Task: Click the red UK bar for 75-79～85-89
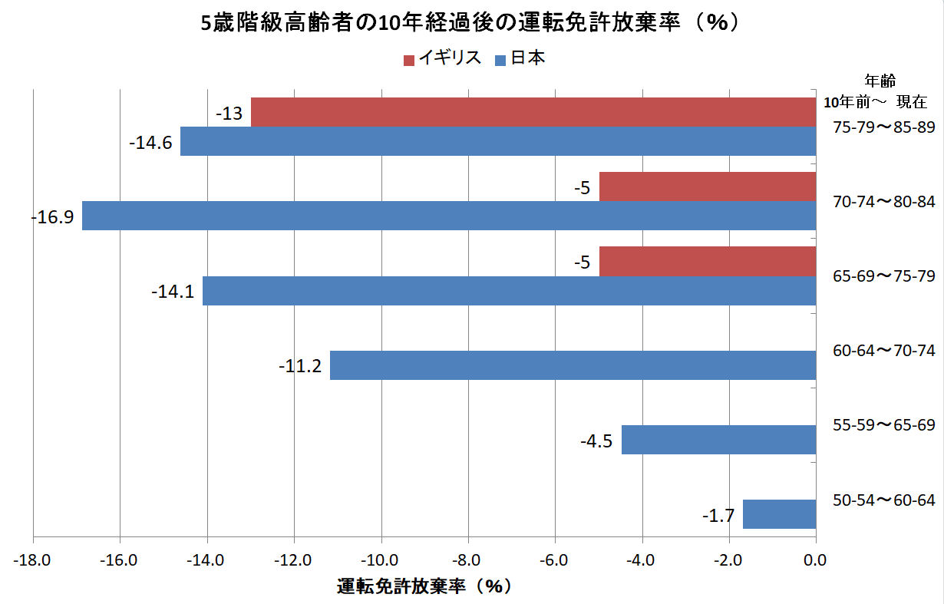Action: coord(533,112)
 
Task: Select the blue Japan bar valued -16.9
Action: coord(449,216)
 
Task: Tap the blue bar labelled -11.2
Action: coord(573,365)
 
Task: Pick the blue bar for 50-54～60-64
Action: coord(779,514)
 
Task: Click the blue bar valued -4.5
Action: coord(718,440)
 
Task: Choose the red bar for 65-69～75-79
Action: coord(707,261)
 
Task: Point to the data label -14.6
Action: coord(150,143)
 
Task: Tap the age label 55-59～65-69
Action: coord(883,425)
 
